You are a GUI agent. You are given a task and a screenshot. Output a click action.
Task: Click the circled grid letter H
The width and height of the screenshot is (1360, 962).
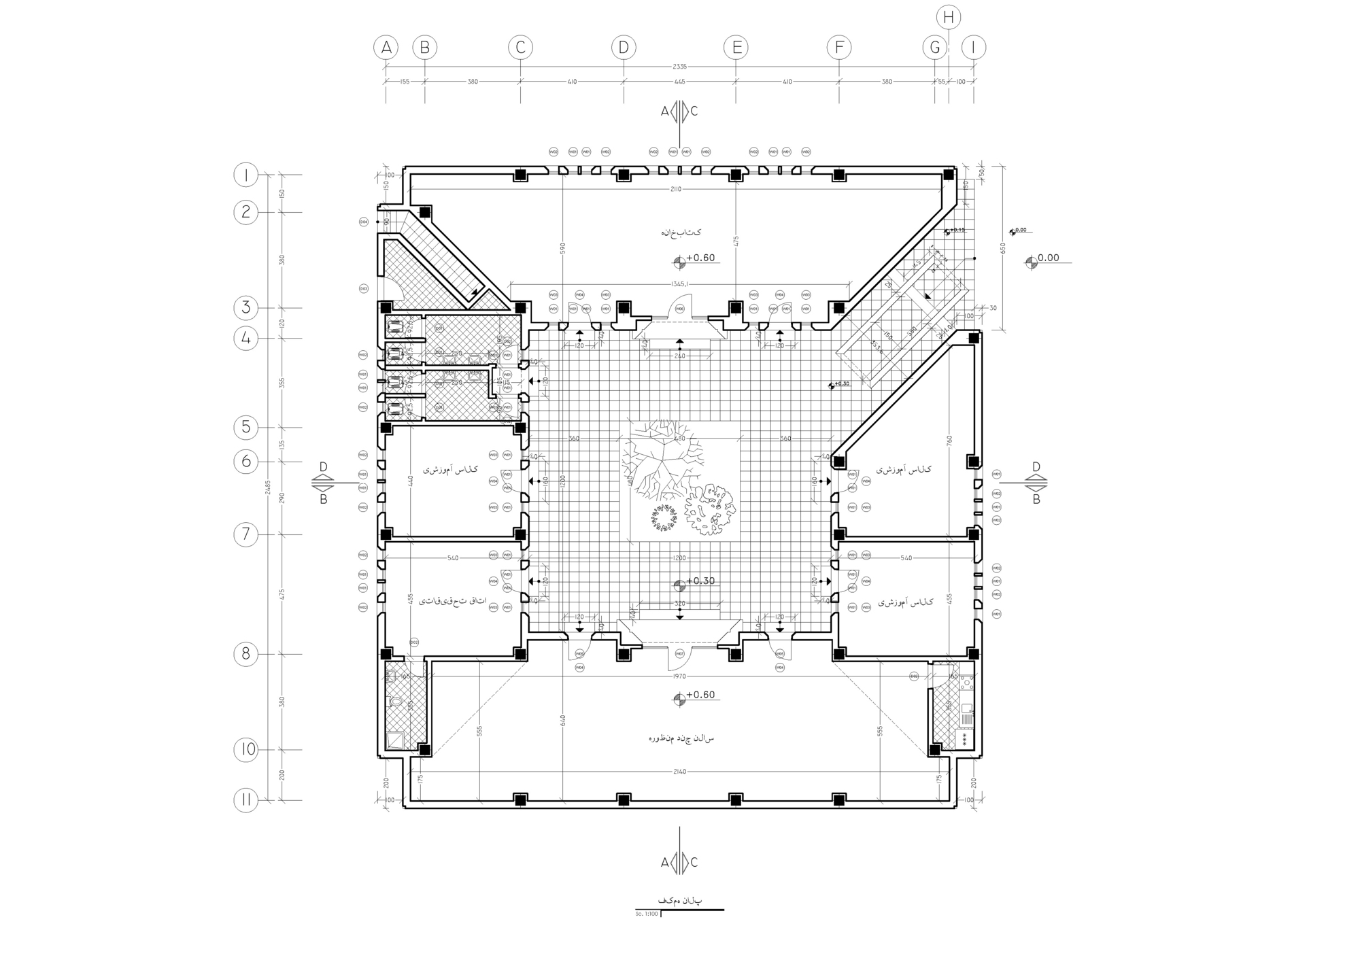(x=949, y=18)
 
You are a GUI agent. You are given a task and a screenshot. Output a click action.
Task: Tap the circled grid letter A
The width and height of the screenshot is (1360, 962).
(x=386, y=48)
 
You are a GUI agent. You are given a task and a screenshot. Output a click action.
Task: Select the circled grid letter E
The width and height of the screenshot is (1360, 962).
(x=736, y=48)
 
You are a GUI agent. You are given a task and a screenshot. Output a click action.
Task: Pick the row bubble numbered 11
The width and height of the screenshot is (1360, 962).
(x=246, y=800)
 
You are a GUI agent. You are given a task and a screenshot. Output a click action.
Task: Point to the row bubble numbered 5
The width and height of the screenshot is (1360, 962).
(x=246, y=428)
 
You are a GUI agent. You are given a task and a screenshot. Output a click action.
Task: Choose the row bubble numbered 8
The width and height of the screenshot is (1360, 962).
(x=246, y=655)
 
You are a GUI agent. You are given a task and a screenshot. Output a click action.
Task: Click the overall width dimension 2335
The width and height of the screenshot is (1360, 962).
(x=679, y=67)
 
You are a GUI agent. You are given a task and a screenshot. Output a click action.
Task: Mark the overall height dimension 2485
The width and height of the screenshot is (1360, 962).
(x=269, y=487)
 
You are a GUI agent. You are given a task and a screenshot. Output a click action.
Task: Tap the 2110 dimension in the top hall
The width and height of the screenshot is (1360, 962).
(x=675, y=189)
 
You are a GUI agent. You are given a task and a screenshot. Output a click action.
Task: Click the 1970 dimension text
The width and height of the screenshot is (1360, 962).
(x=679, y=676)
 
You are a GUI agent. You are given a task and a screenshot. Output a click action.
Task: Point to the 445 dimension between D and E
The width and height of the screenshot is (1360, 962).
(x=679, y=82)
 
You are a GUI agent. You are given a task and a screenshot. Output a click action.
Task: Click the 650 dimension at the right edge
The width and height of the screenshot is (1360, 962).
(x=1002, y=249)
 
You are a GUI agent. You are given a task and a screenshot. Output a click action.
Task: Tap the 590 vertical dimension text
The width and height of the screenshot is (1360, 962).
(x=562, y=249)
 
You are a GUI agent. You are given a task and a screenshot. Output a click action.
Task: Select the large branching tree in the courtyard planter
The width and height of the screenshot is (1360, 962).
(x=660, y=456)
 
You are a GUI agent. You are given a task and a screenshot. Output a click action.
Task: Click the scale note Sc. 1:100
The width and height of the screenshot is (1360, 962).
(x=647, y=914)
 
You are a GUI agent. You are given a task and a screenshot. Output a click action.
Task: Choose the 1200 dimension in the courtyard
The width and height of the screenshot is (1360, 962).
(x=679, y=558)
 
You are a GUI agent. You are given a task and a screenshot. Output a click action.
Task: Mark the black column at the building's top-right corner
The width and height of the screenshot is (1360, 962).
(x=948, y=175)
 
